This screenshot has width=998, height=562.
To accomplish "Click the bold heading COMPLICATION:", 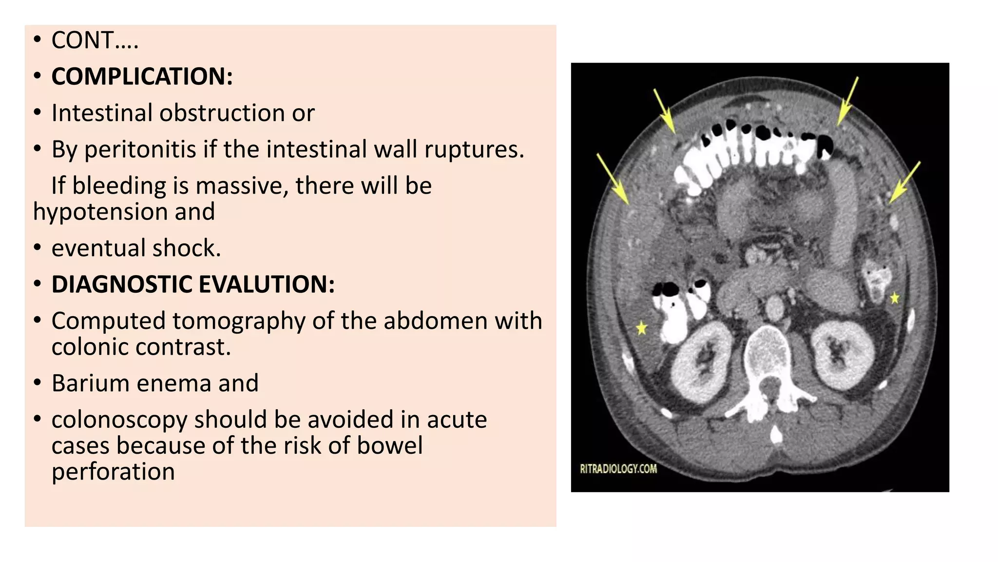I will (142, 77).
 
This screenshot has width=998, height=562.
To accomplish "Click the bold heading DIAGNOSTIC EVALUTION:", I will (193, 284).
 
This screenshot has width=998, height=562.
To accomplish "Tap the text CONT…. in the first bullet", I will (95, 40).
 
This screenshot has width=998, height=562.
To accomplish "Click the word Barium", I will (90, 383).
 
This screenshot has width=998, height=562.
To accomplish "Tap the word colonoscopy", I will (119, 420).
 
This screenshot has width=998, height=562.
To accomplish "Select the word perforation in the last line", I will (113, 472).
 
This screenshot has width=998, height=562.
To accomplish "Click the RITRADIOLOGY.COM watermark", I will (618, 469).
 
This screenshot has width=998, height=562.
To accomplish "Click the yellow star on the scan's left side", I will (642, 328).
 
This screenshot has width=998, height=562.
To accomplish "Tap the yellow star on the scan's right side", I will (895, 298).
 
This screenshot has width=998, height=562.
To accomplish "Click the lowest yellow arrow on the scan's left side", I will (613, 179).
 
